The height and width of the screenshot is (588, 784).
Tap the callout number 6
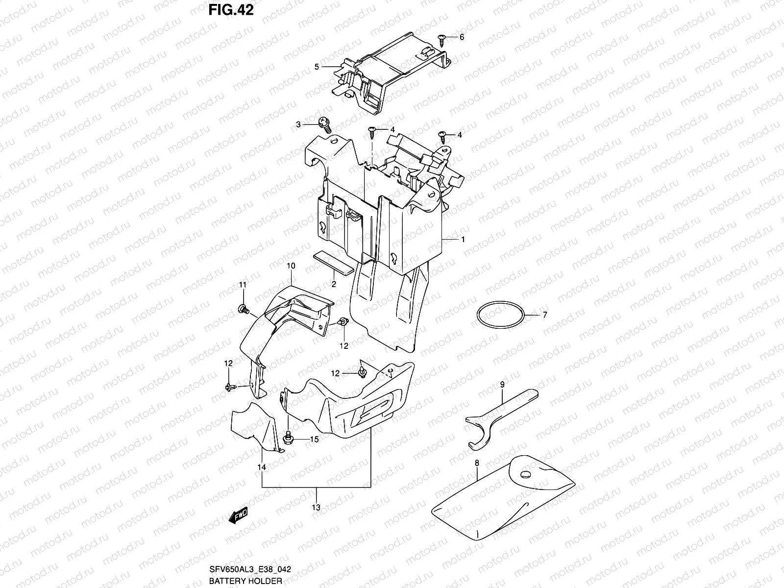coord(462,37)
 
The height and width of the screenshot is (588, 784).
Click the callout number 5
coord(317,67)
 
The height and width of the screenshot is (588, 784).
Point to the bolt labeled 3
coord(325,125)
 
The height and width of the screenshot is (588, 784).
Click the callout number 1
coord(462,239)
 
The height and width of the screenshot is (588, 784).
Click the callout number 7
coord(544,315)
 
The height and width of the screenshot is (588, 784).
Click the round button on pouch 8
coord(526,474)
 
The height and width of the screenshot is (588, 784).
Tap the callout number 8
coord(476,462)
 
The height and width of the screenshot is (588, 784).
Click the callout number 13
coord(316,508)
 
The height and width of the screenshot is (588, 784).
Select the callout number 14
coord(262,467)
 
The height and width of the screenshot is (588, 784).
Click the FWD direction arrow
coord(239,516)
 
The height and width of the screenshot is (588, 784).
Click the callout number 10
coord(291,266)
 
